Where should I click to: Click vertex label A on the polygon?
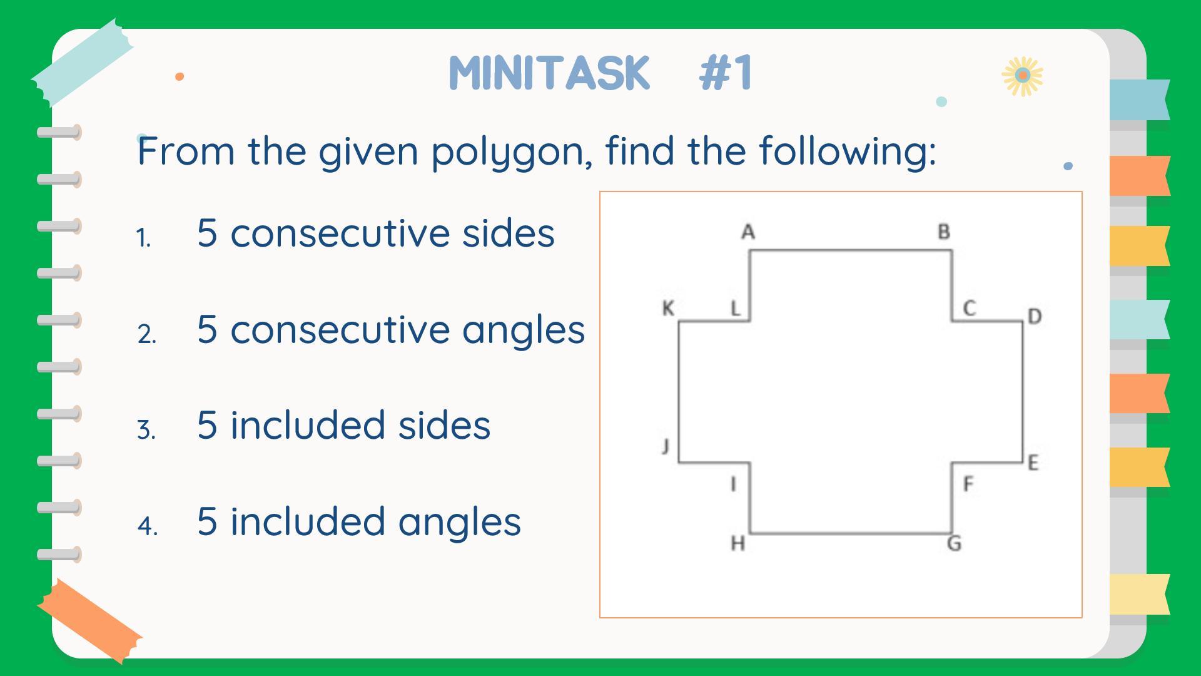point(748,232)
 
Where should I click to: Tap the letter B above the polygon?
point(944,232)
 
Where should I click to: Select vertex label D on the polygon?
point(1035,317)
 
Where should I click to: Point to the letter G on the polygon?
point(955,543)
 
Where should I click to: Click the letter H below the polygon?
point(738,543)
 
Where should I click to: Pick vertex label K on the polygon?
point(668,308)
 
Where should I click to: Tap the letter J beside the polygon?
point(666,446)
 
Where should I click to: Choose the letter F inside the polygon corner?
point(968,484)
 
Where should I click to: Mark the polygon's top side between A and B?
point(851,250)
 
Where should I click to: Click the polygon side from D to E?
point(1023,392)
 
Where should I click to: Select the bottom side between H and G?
point(851,534)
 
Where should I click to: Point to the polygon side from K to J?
point(679,392)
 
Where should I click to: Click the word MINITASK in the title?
point(550,73)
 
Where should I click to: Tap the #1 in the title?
point(726,73)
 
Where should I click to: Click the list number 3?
point(146,431)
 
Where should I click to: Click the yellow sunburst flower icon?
point(1023,76)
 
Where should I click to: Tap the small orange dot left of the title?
point(180,76)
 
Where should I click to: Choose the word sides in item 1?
point(508,233)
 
